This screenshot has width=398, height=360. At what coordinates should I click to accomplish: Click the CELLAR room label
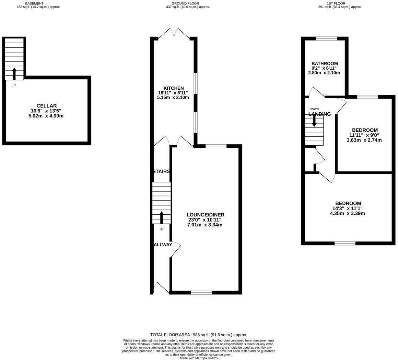coord(47,106)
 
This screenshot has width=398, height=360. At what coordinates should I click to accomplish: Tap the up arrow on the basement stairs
coord(14,74)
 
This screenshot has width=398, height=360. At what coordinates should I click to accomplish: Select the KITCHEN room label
coord(173,88)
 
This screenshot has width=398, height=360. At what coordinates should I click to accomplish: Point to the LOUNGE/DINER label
coord(205,215)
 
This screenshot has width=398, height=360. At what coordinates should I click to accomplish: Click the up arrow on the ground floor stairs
coord(161,217)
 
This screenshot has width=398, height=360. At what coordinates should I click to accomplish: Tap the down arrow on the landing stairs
coord(314,121)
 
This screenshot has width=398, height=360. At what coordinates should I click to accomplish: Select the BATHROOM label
coord(324,64)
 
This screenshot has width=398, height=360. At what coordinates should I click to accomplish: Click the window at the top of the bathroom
coord(326,39)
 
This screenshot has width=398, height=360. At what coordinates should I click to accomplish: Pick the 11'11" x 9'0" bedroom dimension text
coord(364,135)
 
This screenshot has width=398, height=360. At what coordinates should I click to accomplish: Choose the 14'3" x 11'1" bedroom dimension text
coord(347,208)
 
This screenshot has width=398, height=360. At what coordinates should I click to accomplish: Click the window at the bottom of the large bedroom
coord(345,243)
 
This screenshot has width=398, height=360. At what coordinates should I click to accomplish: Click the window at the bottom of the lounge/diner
coord(201,293)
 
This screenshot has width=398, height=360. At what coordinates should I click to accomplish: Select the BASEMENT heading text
coord(34,3)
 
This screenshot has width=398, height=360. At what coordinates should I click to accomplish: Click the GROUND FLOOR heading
coord(185,3)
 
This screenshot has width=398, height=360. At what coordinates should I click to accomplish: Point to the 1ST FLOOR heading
coord(336,3)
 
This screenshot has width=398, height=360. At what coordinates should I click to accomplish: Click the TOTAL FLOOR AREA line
coord(198,335)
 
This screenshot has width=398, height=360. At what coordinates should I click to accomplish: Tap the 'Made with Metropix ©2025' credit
coord(198,358)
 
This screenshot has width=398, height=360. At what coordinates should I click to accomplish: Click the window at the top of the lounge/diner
coord(216,146)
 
